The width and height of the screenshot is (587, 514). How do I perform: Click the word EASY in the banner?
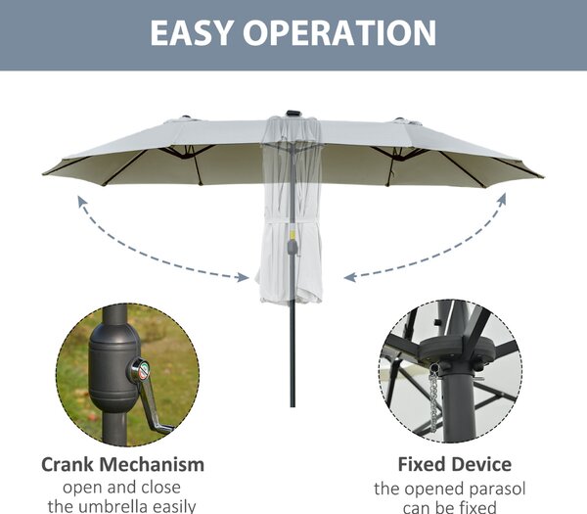(x=191, y=32)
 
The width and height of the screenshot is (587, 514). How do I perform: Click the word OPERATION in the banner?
(x=339, y=32)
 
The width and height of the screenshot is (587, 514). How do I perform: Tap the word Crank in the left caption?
(x=68, y=464)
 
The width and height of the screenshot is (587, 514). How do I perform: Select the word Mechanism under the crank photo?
(x=152, y=464)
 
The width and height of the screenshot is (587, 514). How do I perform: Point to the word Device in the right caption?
(x=481, y=464)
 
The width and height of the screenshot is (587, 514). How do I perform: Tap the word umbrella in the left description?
(x=122, y=506)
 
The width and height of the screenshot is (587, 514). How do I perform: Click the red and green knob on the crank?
(x=144, y=370)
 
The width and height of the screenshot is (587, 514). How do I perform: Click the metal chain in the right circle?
(x=433, y=399)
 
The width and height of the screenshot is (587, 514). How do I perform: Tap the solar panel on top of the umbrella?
(x=293, y=114)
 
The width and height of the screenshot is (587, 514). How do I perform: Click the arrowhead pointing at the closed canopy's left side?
(x=243, y=277)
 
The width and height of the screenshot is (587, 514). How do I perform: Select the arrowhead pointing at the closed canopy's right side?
(x=349, y=277)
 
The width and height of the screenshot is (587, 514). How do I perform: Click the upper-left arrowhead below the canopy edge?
(x=81, y=202)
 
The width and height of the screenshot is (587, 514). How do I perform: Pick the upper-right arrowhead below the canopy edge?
(x=502, y=199)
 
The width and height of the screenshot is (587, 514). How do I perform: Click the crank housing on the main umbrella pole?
(x=293, y=248)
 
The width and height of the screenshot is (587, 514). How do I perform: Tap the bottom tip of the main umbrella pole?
(x=293, y=406)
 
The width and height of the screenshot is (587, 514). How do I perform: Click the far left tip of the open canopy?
(x=43, y=174)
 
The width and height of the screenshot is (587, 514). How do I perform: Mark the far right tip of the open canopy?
(x=542, y=177)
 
